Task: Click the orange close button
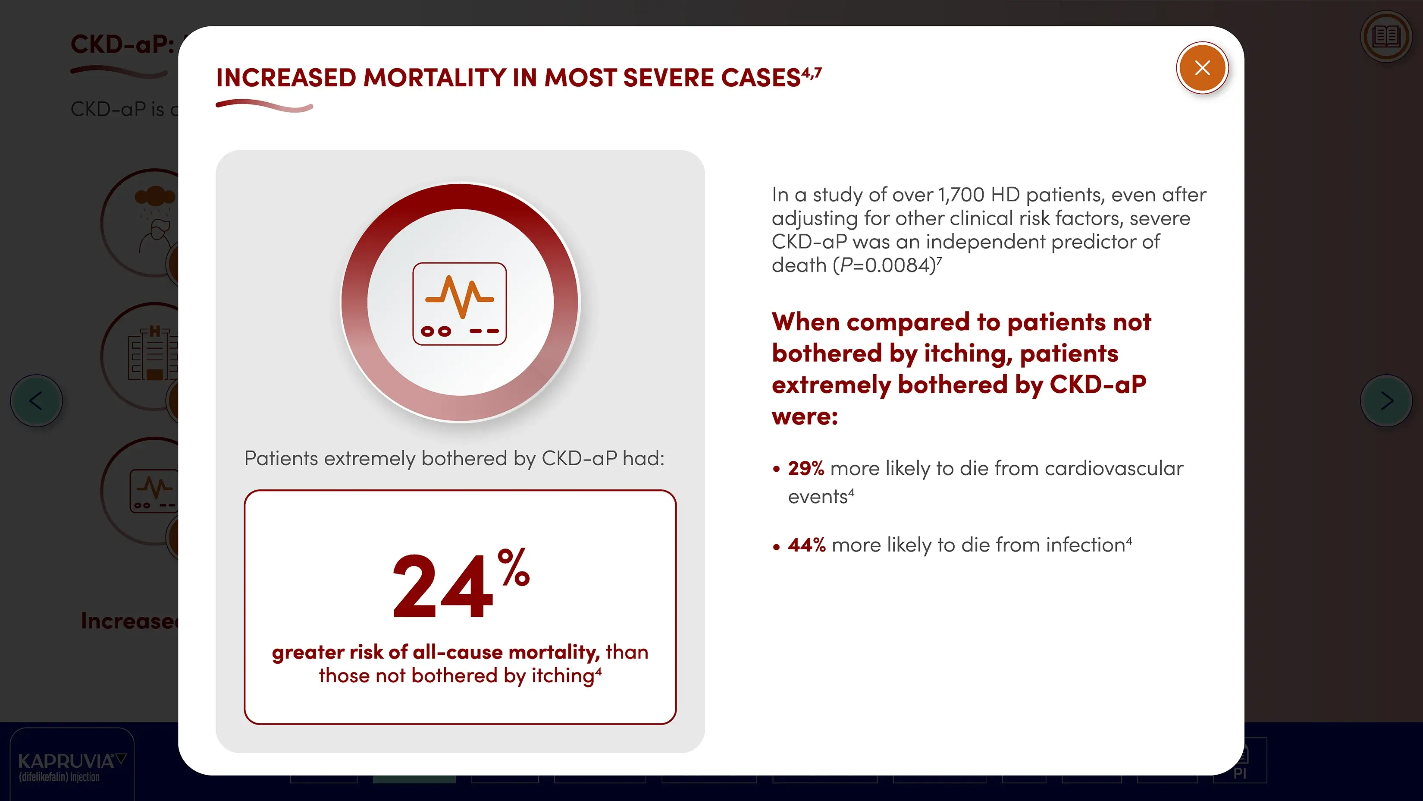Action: tap(1202, 68)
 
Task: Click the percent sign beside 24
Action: tap(513, 567)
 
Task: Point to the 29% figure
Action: tap(806, 468)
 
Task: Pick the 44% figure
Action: tap(806, 545)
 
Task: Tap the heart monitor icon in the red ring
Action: tap(460, 303)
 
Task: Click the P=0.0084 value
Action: tap(887, 265)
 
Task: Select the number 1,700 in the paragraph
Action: tap(961, 195)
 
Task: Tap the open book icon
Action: tap(1386, 37)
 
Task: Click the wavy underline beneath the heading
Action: tap(264, 105)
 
